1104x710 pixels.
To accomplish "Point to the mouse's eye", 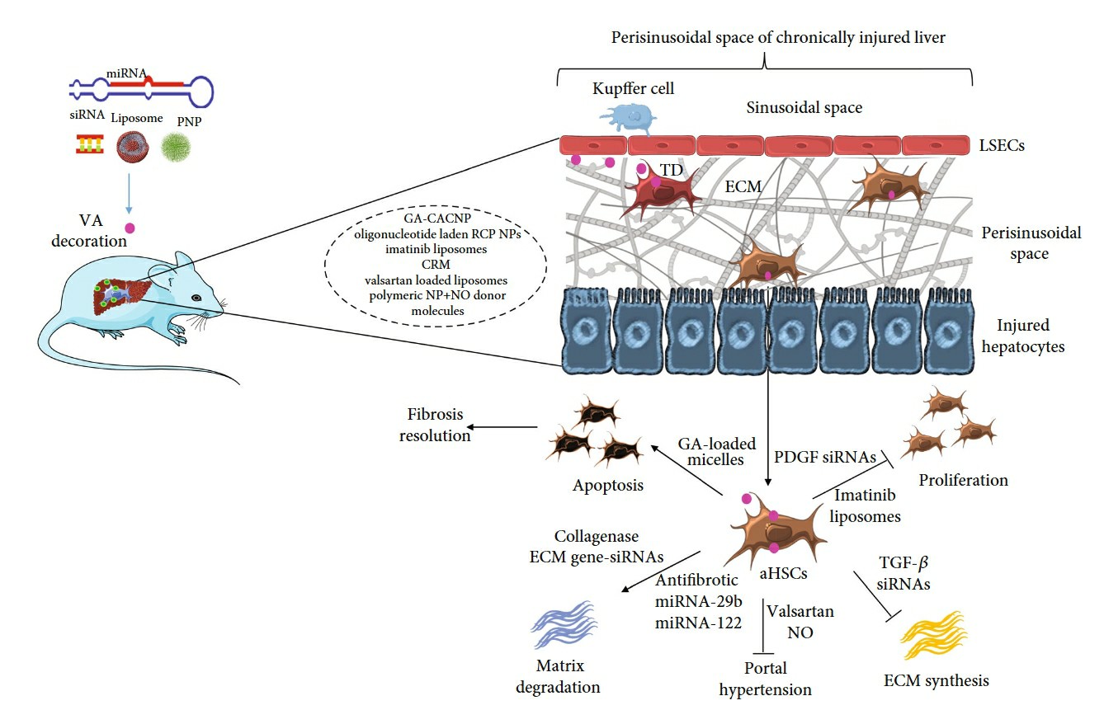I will pos(196,298).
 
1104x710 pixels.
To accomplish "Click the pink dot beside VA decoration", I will pos(130,228).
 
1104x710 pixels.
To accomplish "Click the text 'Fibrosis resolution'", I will pos(434,426).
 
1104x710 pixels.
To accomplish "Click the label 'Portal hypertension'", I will pos(765,679).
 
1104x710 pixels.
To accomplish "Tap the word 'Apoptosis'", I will pos(608,485).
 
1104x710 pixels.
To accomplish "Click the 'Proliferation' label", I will pos(963,479).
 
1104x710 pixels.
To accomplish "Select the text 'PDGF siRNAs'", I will pos(825,456).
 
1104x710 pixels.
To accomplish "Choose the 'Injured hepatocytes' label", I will pos(1022,336).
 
